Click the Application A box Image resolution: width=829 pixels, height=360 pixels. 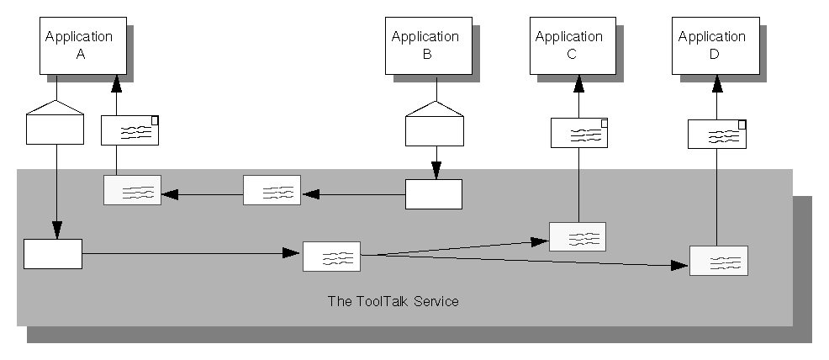(78, 45)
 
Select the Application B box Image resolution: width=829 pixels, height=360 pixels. (425, 45)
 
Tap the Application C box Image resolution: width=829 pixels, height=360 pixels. (569, 45)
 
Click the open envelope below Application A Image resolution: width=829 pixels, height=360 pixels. (55, 122)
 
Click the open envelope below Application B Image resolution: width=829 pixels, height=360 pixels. (434, 123)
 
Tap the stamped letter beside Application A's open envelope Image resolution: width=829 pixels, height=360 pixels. (130, 131)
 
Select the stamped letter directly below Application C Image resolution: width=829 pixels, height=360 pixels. (579, 133)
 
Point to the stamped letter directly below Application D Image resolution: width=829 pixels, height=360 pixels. (717, 134)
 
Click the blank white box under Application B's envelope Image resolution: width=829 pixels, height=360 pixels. (434, 193)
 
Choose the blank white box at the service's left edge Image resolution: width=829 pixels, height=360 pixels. (53, 253)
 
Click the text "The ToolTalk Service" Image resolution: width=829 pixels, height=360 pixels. (393, 301)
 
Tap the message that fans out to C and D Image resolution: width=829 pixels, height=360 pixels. (331, 256)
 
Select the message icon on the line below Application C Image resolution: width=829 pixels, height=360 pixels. (578, 236)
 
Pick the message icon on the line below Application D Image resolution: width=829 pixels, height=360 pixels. (718, 261)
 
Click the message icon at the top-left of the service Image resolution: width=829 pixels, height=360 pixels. (132, 190)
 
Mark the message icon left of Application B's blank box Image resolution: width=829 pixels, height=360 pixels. (272, 190)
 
